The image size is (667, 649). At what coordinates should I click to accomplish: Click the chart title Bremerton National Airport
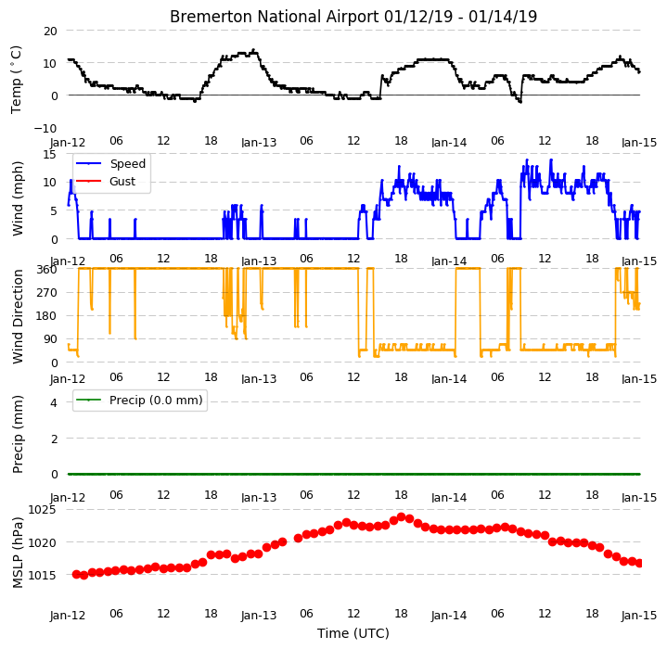click(274, 17)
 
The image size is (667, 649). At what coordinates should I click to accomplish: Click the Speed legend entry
click(110, 163)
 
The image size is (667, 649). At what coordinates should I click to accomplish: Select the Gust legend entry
click(106, 182)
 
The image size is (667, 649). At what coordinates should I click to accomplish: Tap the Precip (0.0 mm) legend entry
click(139, 401)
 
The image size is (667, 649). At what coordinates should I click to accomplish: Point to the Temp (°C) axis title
click(16, 80)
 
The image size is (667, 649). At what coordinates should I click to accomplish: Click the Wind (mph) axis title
click(18, 198)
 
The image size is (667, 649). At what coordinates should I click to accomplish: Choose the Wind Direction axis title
click(18, 316)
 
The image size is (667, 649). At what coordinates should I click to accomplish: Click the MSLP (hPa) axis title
click(18, 552)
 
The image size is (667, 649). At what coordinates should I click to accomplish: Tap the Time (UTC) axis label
click(353, 633)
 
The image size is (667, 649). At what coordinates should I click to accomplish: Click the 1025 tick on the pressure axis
click(42, 510)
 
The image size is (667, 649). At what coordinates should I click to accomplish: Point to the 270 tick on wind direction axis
click(47, 292)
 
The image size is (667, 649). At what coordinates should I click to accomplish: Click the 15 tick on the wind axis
click(50, 154)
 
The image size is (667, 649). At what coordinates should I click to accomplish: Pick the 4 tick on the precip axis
click(54, 402)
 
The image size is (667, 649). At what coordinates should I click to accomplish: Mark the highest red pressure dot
click(401, 516)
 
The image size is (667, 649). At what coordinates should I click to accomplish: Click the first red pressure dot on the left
click(77, 574)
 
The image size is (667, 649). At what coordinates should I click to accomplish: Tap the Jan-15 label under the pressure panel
click(639, 615)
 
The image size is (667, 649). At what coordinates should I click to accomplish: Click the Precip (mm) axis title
click(18, 435)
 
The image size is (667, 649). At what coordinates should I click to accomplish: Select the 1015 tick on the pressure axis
click(42, 575)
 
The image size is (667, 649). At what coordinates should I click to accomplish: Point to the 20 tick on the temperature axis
click(50, 31)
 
